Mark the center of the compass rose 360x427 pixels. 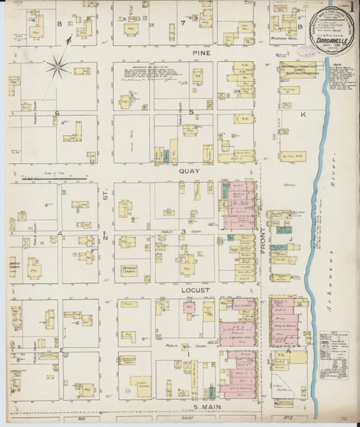click(58, 69)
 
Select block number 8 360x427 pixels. click(60, 23)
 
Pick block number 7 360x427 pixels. click(183, 23)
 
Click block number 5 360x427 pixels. click(190, 113)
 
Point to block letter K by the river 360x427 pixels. click(303, 114)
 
